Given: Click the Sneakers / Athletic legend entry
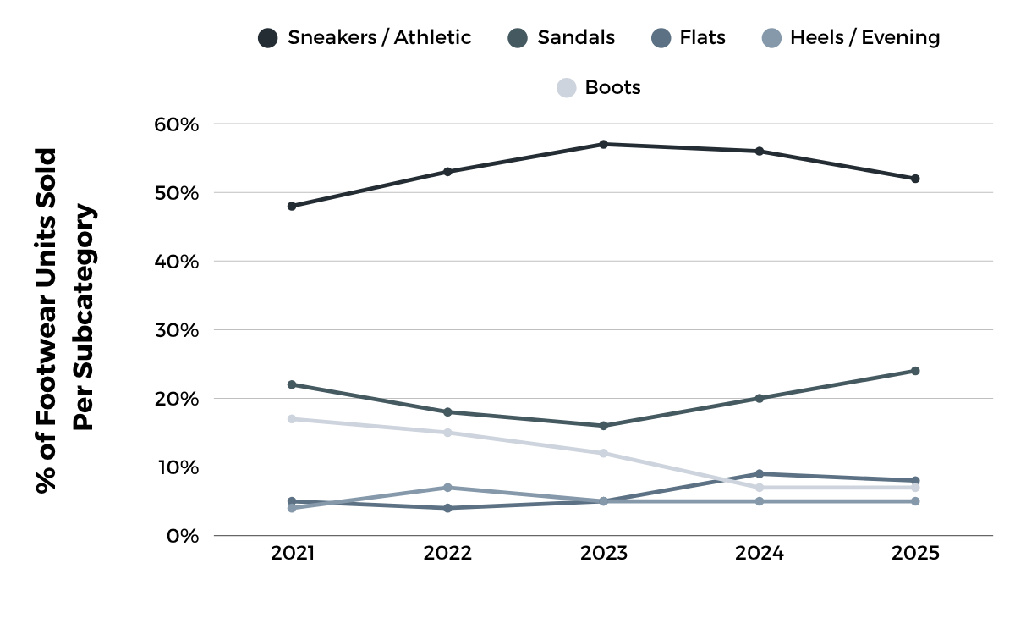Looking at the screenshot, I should [x=365, y=38].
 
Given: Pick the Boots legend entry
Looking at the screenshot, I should [x=599, y=87].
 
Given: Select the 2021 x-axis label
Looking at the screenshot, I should [x=292, y=554].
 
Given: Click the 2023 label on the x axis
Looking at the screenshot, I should [x=603, y=554].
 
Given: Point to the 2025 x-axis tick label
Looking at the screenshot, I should [x=914, y=554].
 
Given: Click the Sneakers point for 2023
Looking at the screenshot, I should [x=603, y=145].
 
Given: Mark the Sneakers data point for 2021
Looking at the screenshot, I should [x=292, y=206].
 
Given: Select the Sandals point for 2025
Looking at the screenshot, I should [x=914, y=371].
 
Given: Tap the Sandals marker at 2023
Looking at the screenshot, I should [x=603, y=426].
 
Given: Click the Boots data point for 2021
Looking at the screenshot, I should [x=292, y=419].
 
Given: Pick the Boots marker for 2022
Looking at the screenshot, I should [x=447, y=433].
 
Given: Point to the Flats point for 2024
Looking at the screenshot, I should [x=759, y=474].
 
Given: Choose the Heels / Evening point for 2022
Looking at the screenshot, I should [x=447, y=488].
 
